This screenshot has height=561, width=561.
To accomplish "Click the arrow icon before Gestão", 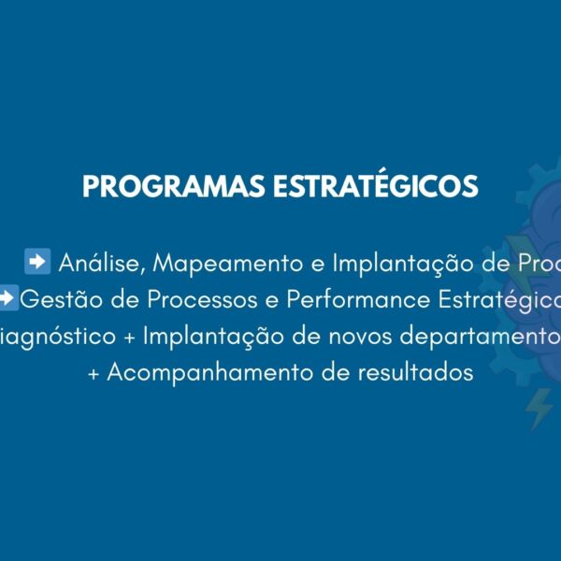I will point(7,298).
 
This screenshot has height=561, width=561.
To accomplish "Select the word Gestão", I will point(58,299).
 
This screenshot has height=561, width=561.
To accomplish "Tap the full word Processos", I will point(199,299).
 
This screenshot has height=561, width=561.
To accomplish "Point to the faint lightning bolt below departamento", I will point(539,410).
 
